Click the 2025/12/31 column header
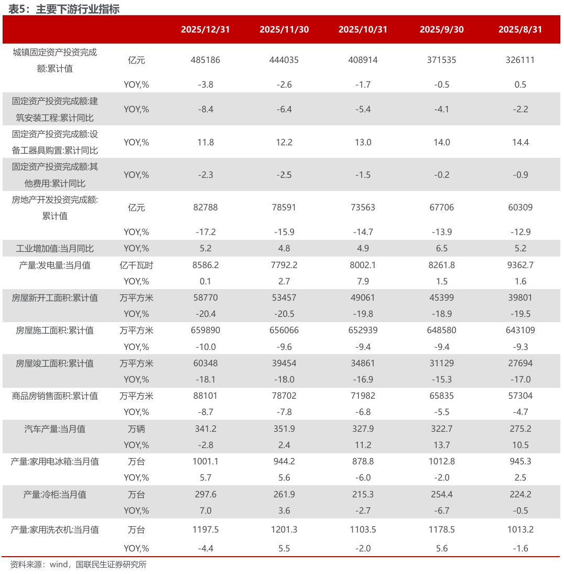coord(205,29)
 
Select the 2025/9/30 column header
coord(441,29)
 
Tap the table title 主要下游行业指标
coord(78,9)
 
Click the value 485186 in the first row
coord(205,60)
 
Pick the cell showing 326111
coord(520,60)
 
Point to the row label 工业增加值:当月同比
coord(55,248)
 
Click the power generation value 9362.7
coord(520,265)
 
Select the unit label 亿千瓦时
coord(136,265)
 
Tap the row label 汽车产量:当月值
coord(55,429)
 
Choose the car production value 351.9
coord(284,429)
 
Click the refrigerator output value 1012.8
coord(441,461)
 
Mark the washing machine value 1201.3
coord(284,529)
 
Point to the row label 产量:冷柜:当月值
coord(55,494)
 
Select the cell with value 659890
coord(205,330)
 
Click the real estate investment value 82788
coord(205,207)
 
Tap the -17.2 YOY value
coord(205,231)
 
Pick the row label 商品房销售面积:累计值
coord(55,396)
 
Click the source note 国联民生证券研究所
coord(111,565)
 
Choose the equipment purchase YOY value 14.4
coord(520,142)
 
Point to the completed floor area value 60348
coord(205,363)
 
